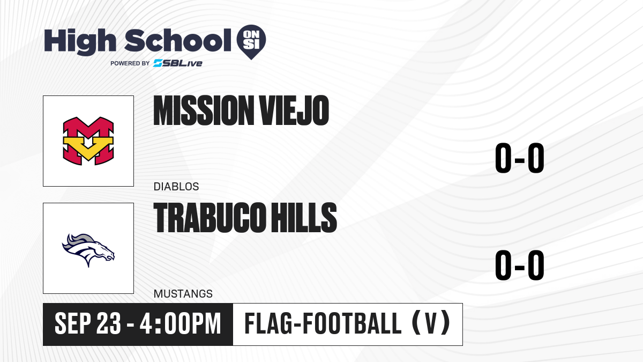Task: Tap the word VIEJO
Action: tap(294, 110)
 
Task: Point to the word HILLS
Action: tap(304, 217)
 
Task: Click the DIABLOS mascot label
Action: tap(176, 187)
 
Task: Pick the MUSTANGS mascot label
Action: tap(183, 294)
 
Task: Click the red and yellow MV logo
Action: tap(88, 141)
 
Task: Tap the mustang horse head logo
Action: tap(88, 250)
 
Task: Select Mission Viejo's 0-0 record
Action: tap(520, 158)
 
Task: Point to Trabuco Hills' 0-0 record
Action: tap(520, 265)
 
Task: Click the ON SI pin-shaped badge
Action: tap(251, 42)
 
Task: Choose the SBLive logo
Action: tap(178, 63)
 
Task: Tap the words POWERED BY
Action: tap(130, 63)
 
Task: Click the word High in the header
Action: tap(80, 41)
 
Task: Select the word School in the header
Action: tap(178, 40)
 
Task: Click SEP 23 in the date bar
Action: tap(87, 324)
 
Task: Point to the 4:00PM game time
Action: tap(180, 324)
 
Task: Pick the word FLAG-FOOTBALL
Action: tap(323, 323)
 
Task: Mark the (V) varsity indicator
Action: tap(431, 323)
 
